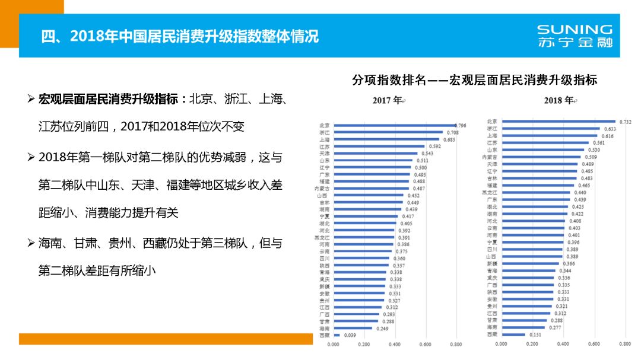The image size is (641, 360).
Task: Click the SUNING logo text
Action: (574, 29)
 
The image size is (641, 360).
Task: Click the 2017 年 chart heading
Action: (389, 100)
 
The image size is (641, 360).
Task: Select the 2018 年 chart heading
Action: (559, 100)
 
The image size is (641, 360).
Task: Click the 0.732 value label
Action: (625, 122)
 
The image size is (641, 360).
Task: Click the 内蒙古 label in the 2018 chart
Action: (490, 157)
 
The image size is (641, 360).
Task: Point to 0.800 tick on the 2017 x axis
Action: (456, 344)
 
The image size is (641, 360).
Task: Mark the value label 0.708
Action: (452, 133)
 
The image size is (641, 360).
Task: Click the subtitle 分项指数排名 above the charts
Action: (474, 79)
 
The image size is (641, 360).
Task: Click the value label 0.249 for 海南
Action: (382, 328)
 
